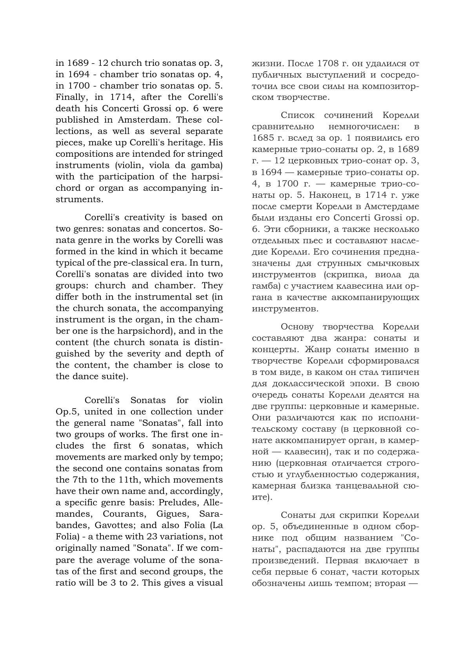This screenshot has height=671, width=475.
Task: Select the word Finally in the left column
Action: [69, 97]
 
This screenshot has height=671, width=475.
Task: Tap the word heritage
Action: [191, 143]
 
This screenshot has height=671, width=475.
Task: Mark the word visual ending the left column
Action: [209, 582]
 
